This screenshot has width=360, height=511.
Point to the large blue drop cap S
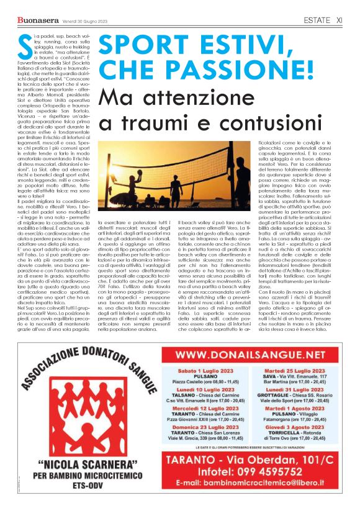tap(23, 47)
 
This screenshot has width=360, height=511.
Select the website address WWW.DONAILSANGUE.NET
tap(254, 355)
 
